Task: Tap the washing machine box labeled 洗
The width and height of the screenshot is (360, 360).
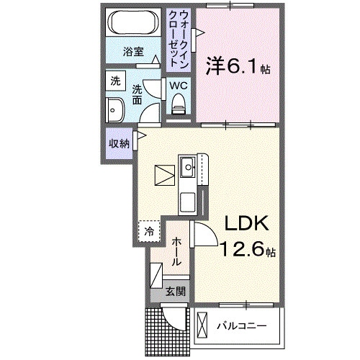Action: pos(115,82)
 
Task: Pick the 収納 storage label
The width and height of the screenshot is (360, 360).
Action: pos(119,143)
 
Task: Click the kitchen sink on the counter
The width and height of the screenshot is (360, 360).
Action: pos(189,168)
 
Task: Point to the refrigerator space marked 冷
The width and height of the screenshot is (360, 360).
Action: pos(148,231)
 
